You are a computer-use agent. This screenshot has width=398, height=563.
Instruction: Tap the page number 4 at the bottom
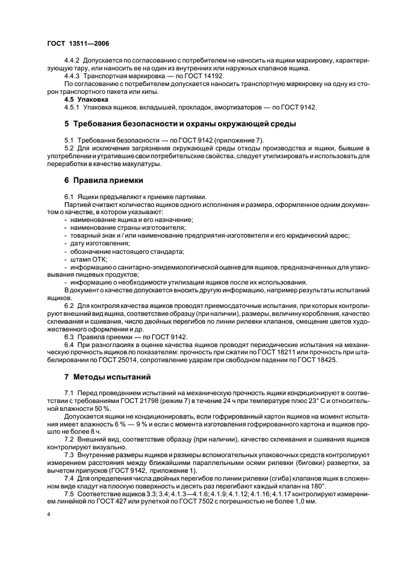tap(48, 515)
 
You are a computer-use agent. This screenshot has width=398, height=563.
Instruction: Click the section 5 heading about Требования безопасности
tap(180, 124)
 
